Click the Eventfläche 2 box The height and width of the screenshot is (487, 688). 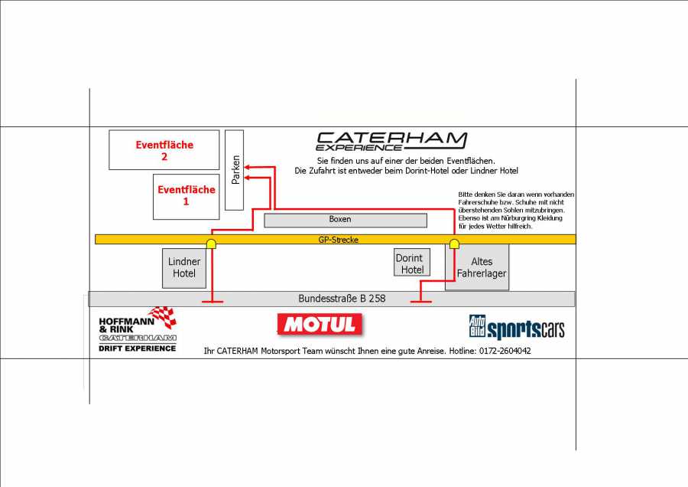pyautogui.click(x=164, y=150)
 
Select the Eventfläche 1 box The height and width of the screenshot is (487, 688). pyautogui.click(x=185, y=196)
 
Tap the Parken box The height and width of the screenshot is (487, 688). pyautogui.click(x=235, y=170)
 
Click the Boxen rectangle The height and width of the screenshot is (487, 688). pyautogui.click(x=345, y=220)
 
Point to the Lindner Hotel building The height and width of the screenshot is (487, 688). pyautogui.click(x=184, y=267)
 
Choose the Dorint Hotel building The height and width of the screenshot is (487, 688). pyautogui.click(x=412, y=263)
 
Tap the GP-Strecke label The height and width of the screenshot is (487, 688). pyautogui.click(x=338, y=240)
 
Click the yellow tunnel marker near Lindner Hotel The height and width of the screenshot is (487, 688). pyautogui.click(x=211, y=243)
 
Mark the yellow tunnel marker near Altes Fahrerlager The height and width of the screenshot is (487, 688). pyautogui.click(x=454, y=243)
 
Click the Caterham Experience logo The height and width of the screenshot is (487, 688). pyautogui.click(x=391, y=141)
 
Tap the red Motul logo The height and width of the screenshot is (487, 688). pyautogui.click(x=320, y=325)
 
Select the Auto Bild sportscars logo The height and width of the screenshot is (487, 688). pyautogui.click(x=517, y=328)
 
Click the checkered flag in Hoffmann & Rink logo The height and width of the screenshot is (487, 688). pyautogui.click(x=162, y=315)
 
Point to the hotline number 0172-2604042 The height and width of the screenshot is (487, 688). pyautogui.click(x=505, y=351)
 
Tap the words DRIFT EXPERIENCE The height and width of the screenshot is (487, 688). pyautogui.click(x=138, y=348)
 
